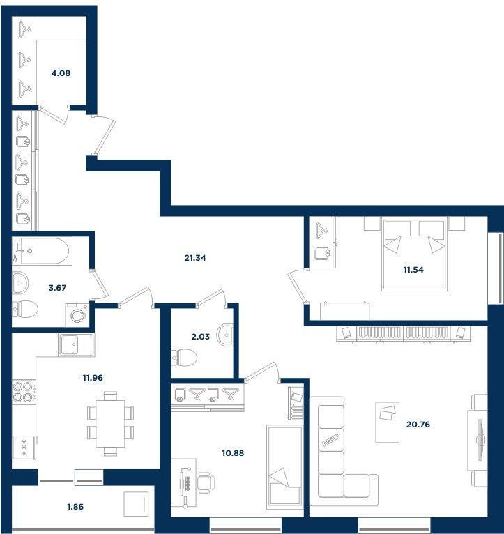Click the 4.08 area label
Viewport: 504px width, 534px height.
pos(61,73)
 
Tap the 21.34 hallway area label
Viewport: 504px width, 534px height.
pos(195,258)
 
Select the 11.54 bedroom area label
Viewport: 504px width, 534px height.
pos(413,270)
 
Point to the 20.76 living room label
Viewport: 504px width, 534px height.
pos(418,425)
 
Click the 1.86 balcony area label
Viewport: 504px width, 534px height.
pos(75,507)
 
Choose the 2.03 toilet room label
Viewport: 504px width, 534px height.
pos(201,337)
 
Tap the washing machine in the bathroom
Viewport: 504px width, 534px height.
pos(77,314)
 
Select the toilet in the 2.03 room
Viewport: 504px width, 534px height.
pos(184,357)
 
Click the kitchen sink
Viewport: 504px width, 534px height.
pos(76,344)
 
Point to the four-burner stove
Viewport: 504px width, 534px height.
pos(24,392)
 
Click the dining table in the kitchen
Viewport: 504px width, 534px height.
pos(110,423)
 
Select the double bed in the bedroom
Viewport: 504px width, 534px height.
pos(415,254)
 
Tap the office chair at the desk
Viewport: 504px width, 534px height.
pos(206,482)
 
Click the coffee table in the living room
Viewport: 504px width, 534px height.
pos(387,422)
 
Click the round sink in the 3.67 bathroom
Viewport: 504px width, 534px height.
pos(20,282)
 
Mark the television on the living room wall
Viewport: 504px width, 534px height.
pos(480,439)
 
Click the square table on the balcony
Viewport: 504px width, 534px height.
pos(136,504)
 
